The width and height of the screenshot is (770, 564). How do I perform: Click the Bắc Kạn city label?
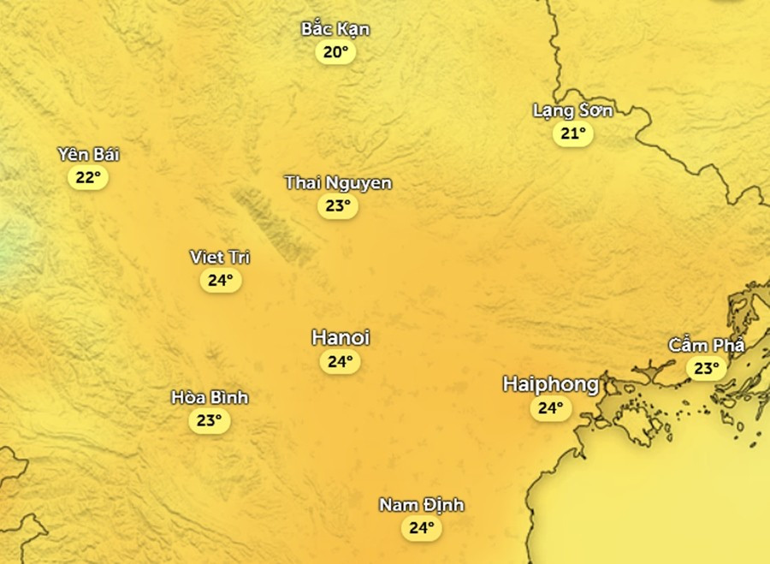(335, 29)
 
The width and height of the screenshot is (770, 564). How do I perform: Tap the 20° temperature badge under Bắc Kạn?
(335, 53)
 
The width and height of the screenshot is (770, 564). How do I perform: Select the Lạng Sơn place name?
(572, 110)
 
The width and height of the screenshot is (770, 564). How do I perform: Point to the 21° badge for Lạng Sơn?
(572, 134)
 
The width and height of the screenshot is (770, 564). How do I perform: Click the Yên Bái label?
(88, 155)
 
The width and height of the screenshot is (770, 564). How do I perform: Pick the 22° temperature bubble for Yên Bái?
(88, 178)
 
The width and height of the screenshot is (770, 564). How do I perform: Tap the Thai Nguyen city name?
(338, 182)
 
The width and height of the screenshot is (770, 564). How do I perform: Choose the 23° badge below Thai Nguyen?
(338, 206)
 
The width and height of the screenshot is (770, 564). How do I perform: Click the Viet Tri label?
(220, 257)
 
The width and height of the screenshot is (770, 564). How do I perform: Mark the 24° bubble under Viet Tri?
(220, 280)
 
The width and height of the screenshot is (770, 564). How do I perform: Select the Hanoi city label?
(340, 337)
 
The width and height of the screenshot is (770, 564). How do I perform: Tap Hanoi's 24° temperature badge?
(340, 362)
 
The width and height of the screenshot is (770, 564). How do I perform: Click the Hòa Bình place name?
(210, 397)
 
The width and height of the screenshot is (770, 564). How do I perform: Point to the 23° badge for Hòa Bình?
(210, 420)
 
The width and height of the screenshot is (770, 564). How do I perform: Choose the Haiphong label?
(550, 384)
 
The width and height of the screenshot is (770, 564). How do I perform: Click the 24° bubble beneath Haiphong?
(550, 408)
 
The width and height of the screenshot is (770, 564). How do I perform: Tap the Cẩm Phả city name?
(707, 346)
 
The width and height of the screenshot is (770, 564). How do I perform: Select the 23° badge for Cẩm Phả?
(707, 369)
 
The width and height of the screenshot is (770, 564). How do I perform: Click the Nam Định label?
(421, 505)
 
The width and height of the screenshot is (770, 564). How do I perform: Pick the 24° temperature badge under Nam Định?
(421, 528)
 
